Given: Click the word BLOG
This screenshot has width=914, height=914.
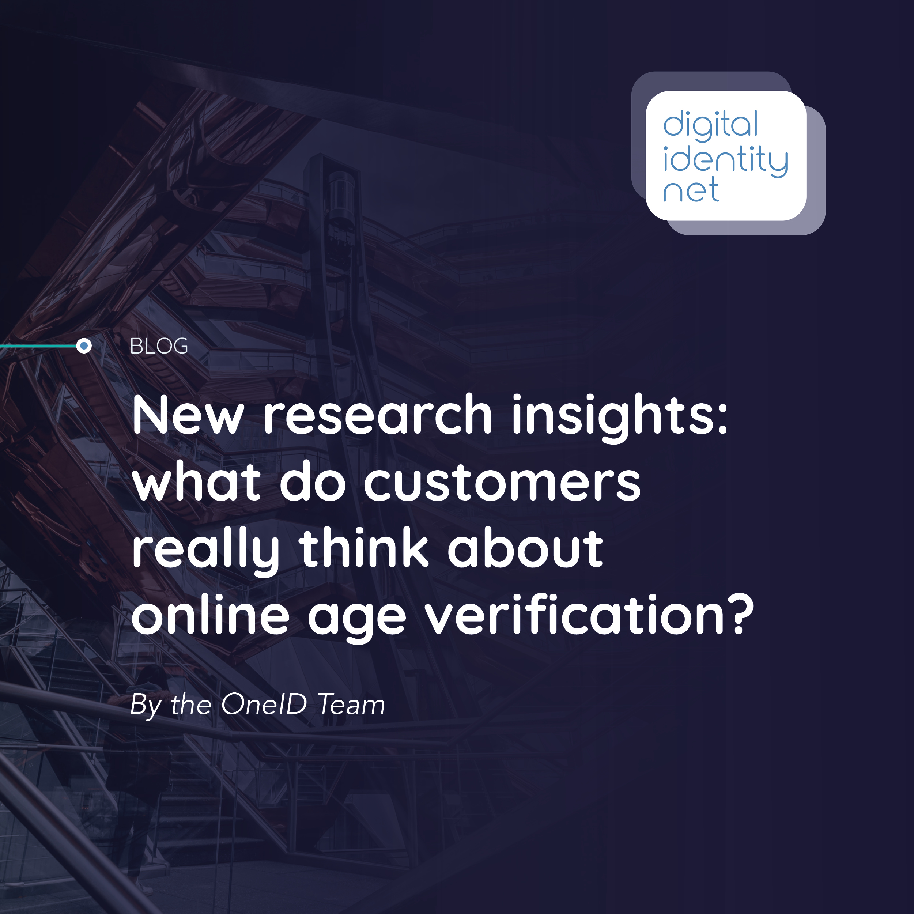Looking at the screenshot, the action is pos(159,346).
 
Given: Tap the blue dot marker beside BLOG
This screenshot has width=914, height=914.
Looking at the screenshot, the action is pos(84,346).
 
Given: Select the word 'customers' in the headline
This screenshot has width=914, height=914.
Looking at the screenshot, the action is pos(502,483).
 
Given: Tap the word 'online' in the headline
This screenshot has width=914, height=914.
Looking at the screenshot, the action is pos(210,615).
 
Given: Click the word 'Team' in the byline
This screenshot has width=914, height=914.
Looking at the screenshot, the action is pos(351,705).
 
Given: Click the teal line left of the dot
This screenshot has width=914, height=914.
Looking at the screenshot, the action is pos(38,346).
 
